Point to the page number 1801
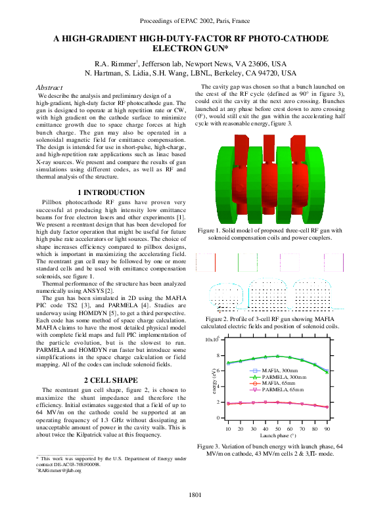pos(195,494)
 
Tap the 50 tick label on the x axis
pos(279,428)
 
